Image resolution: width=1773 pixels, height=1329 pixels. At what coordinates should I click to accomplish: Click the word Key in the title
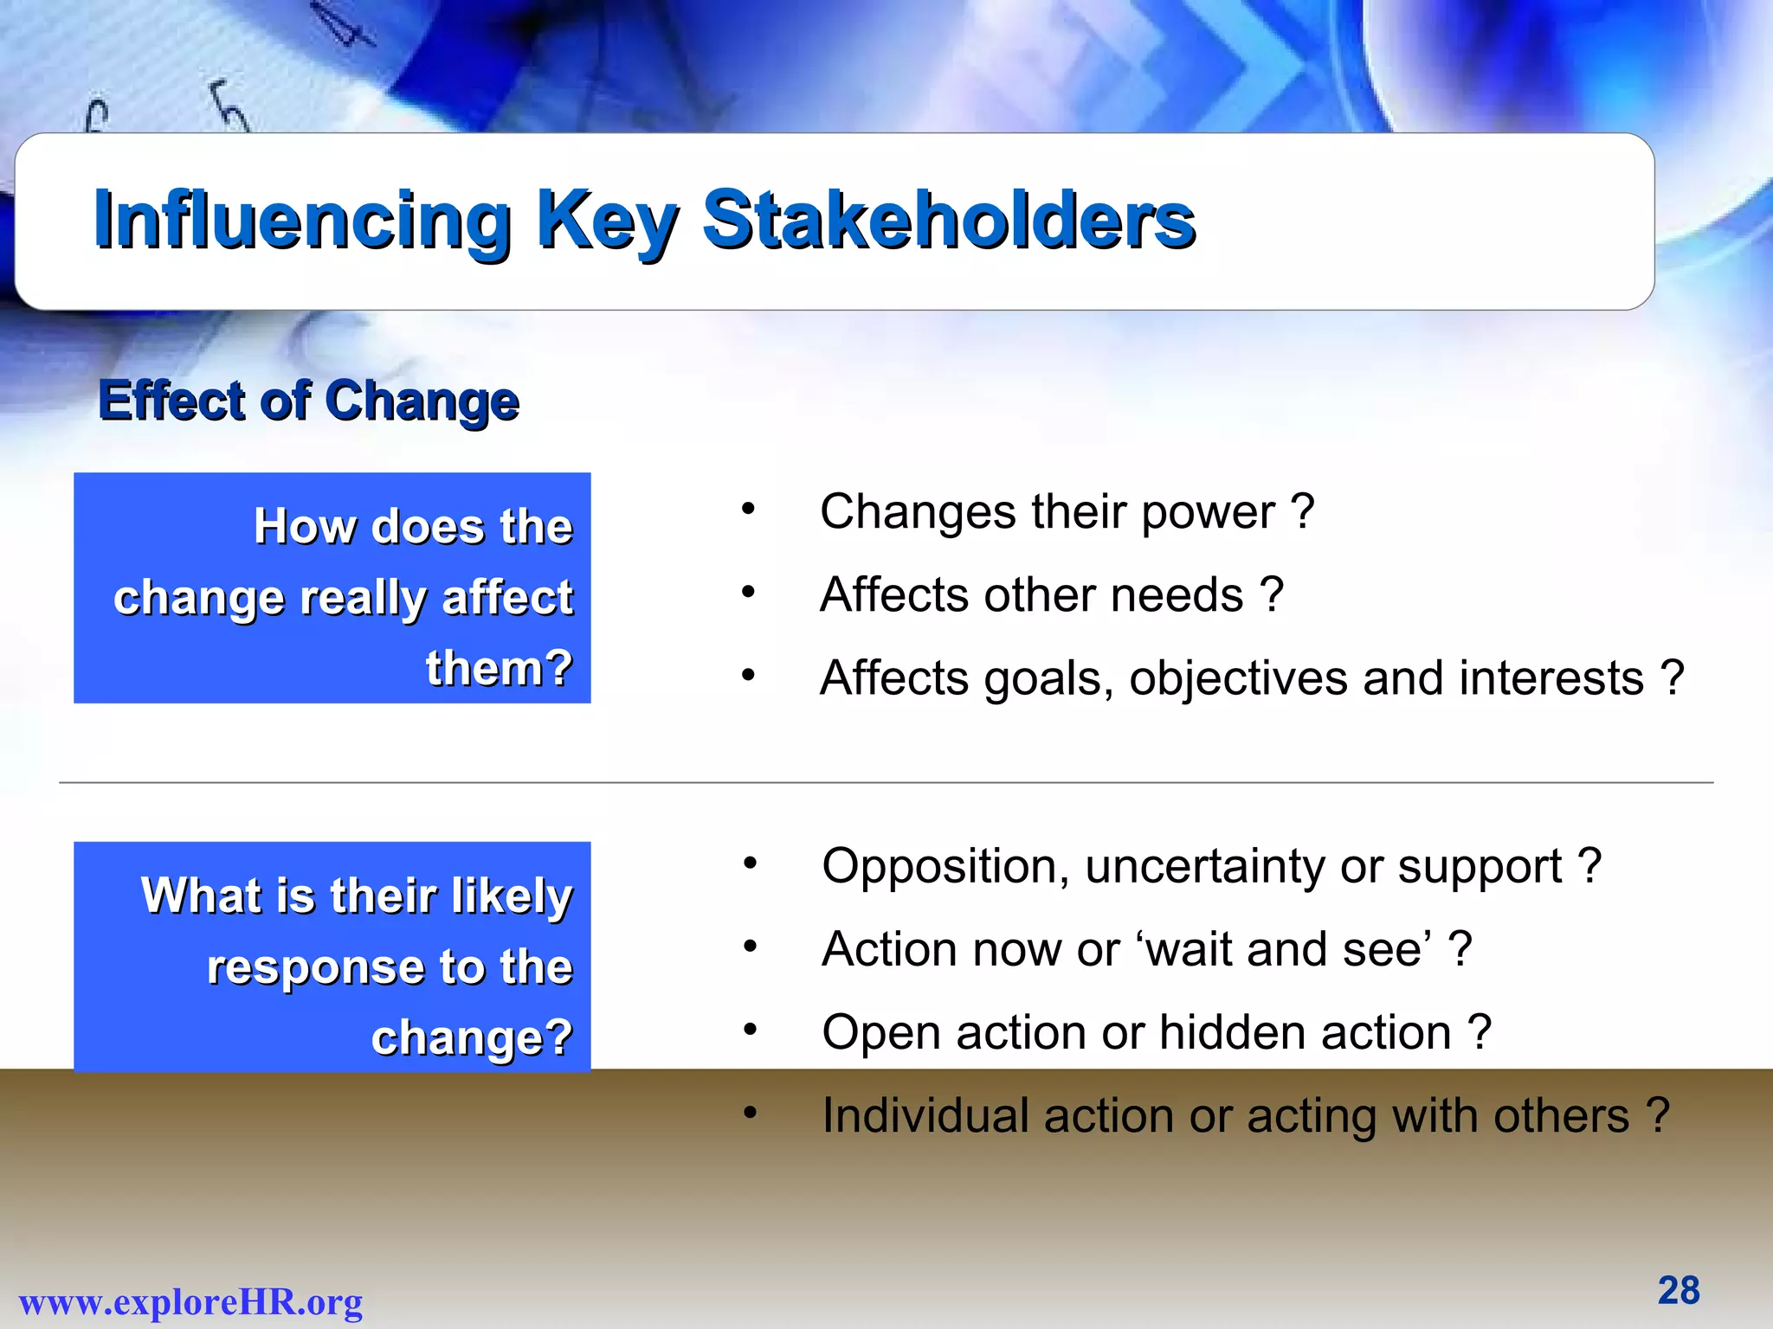606,221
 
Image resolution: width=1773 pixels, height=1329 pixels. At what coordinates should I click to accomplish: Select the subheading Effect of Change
308,401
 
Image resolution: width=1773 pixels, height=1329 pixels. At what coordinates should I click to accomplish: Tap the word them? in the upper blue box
499,668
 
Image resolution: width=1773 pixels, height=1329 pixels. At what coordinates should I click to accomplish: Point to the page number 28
1679,1290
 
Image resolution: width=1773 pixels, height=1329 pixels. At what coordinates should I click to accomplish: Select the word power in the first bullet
1208,511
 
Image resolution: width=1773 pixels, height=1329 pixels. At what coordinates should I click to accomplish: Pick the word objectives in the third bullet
1238,678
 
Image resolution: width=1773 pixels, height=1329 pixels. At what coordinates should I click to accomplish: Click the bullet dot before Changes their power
748,510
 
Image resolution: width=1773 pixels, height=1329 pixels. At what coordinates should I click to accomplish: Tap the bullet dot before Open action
750,1030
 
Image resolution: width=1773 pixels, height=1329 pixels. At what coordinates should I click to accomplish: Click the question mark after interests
1673,677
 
